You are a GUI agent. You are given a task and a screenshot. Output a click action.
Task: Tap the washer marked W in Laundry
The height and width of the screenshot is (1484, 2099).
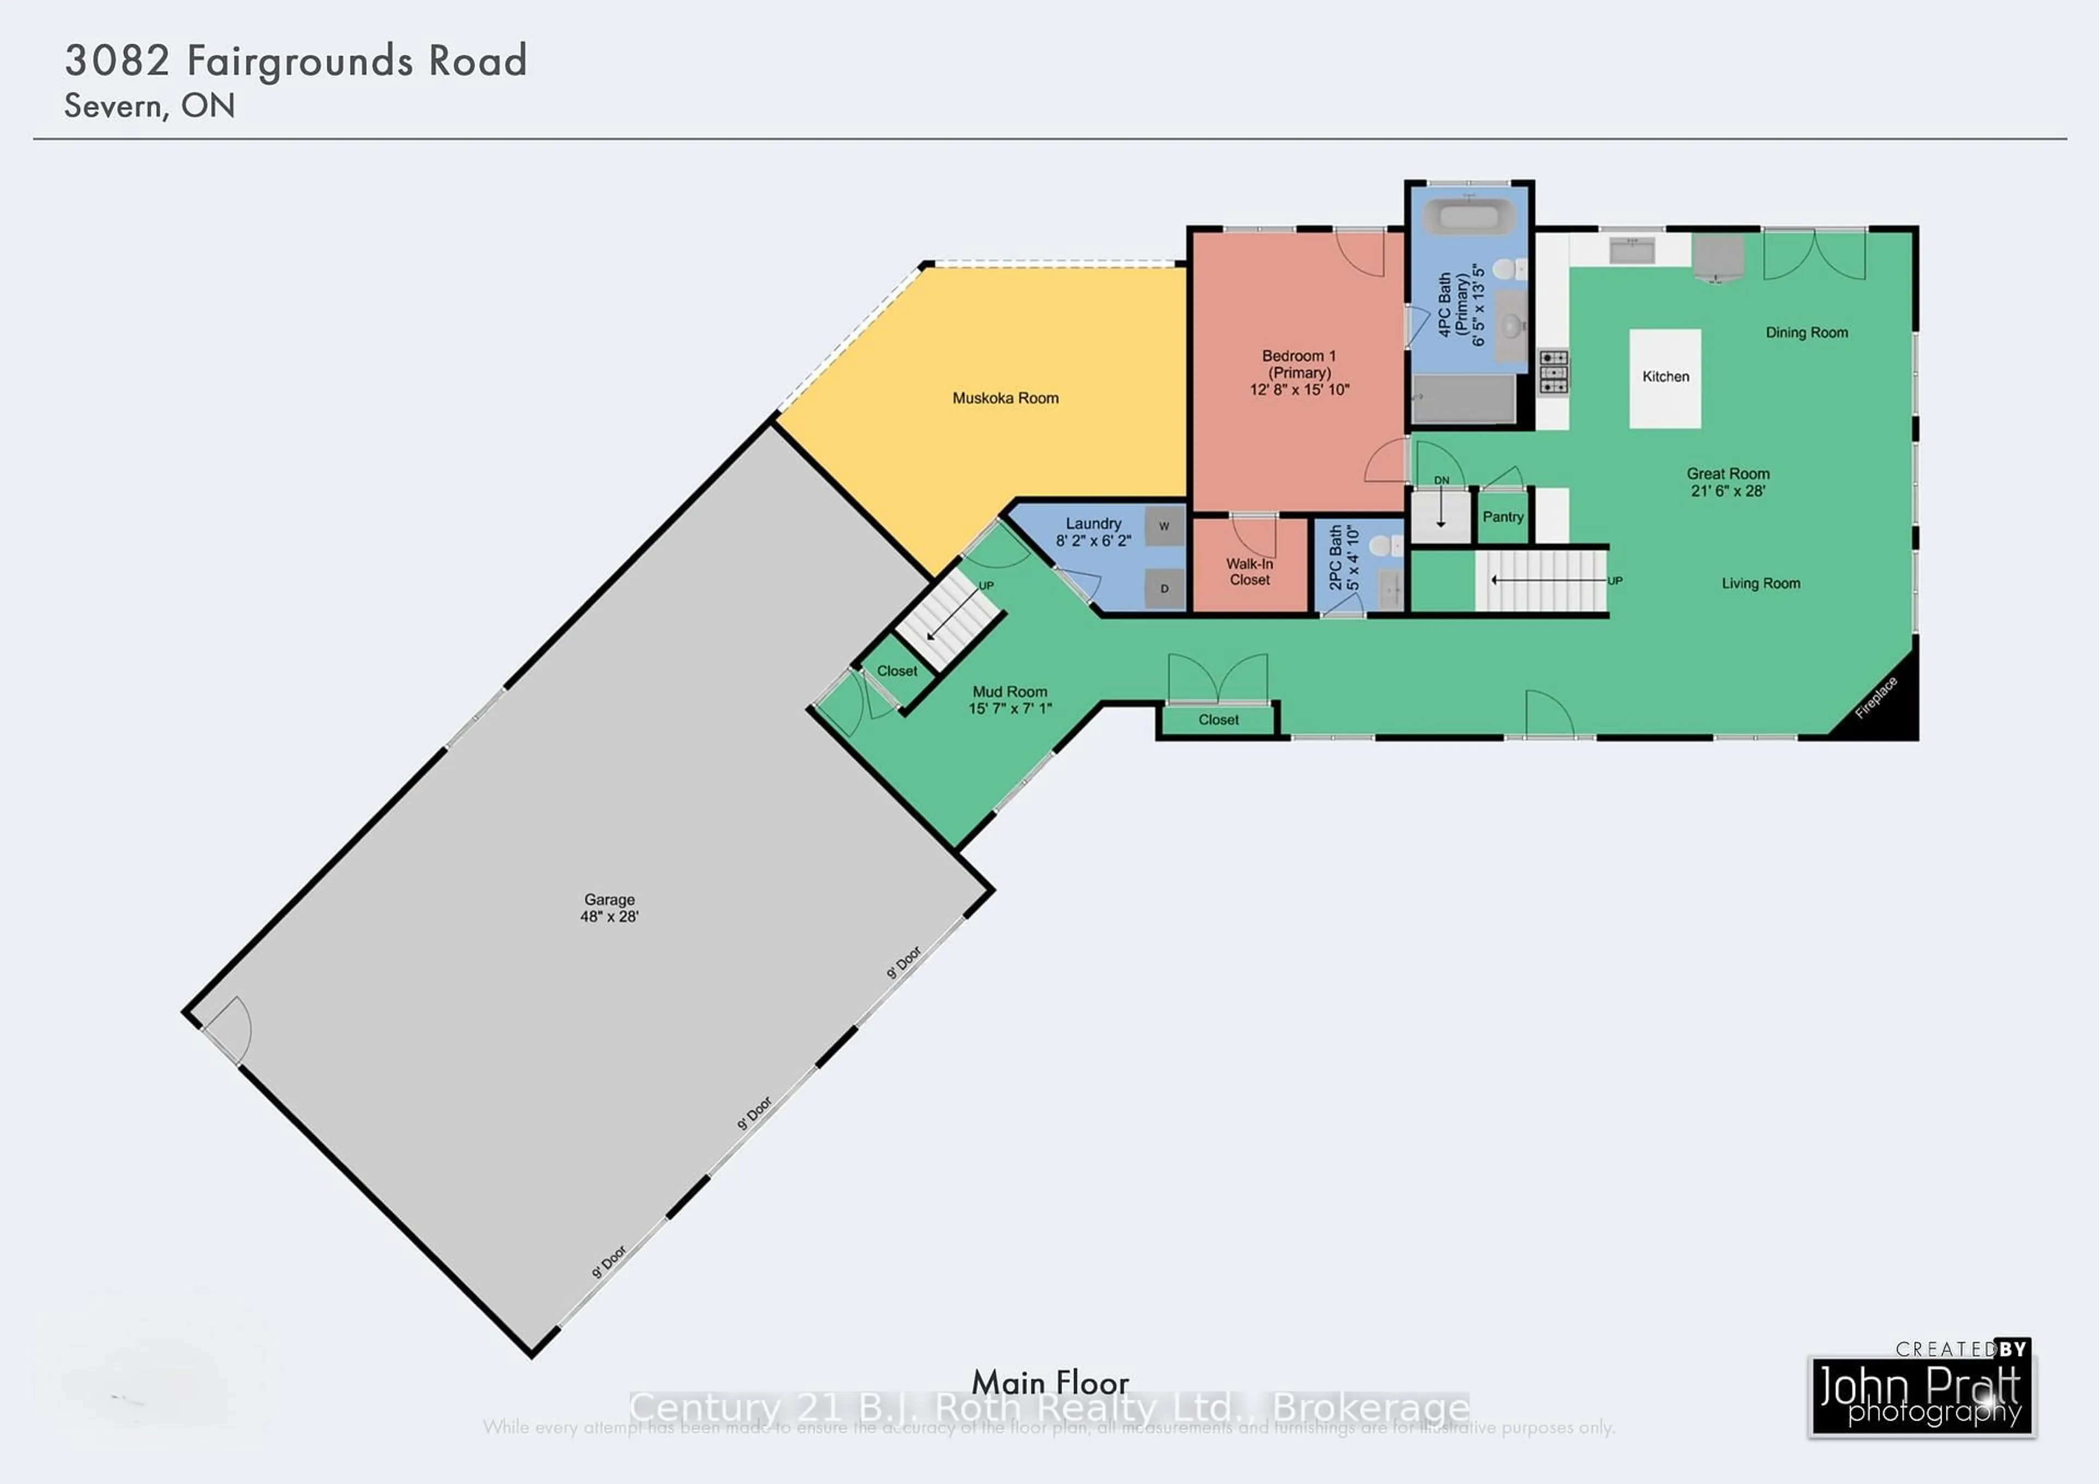[x=1164, y=526]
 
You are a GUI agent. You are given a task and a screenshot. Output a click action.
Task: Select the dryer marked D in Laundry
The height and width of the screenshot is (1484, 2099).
[x=1164, y=589]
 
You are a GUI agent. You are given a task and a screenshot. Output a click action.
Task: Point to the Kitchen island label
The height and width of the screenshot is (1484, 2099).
[x=1665, y=377]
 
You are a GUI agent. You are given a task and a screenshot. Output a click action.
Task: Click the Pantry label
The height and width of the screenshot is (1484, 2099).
[x=1503, y=517]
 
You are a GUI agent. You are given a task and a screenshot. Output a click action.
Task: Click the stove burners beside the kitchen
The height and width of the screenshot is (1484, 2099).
[x=1552, y=372]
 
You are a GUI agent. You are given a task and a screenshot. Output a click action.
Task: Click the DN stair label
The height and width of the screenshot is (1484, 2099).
[x=1441, y=480]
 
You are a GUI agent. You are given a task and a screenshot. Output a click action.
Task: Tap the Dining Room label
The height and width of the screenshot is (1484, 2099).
[x=1807, y=333]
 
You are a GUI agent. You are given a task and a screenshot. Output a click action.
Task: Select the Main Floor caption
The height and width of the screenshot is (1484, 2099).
[x=1049, y=1382]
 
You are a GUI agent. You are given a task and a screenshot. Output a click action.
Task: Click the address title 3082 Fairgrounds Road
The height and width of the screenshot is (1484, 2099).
[x=295, y=61]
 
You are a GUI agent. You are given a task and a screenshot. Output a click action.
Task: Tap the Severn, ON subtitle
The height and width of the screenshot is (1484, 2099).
[x=149, y=106]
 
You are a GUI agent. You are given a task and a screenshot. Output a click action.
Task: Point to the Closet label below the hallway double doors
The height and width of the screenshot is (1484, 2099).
[x=1218, y=720]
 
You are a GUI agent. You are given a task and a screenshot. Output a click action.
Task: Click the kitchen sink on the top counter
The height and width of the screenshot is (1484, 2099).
[x=1632, y=250]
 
